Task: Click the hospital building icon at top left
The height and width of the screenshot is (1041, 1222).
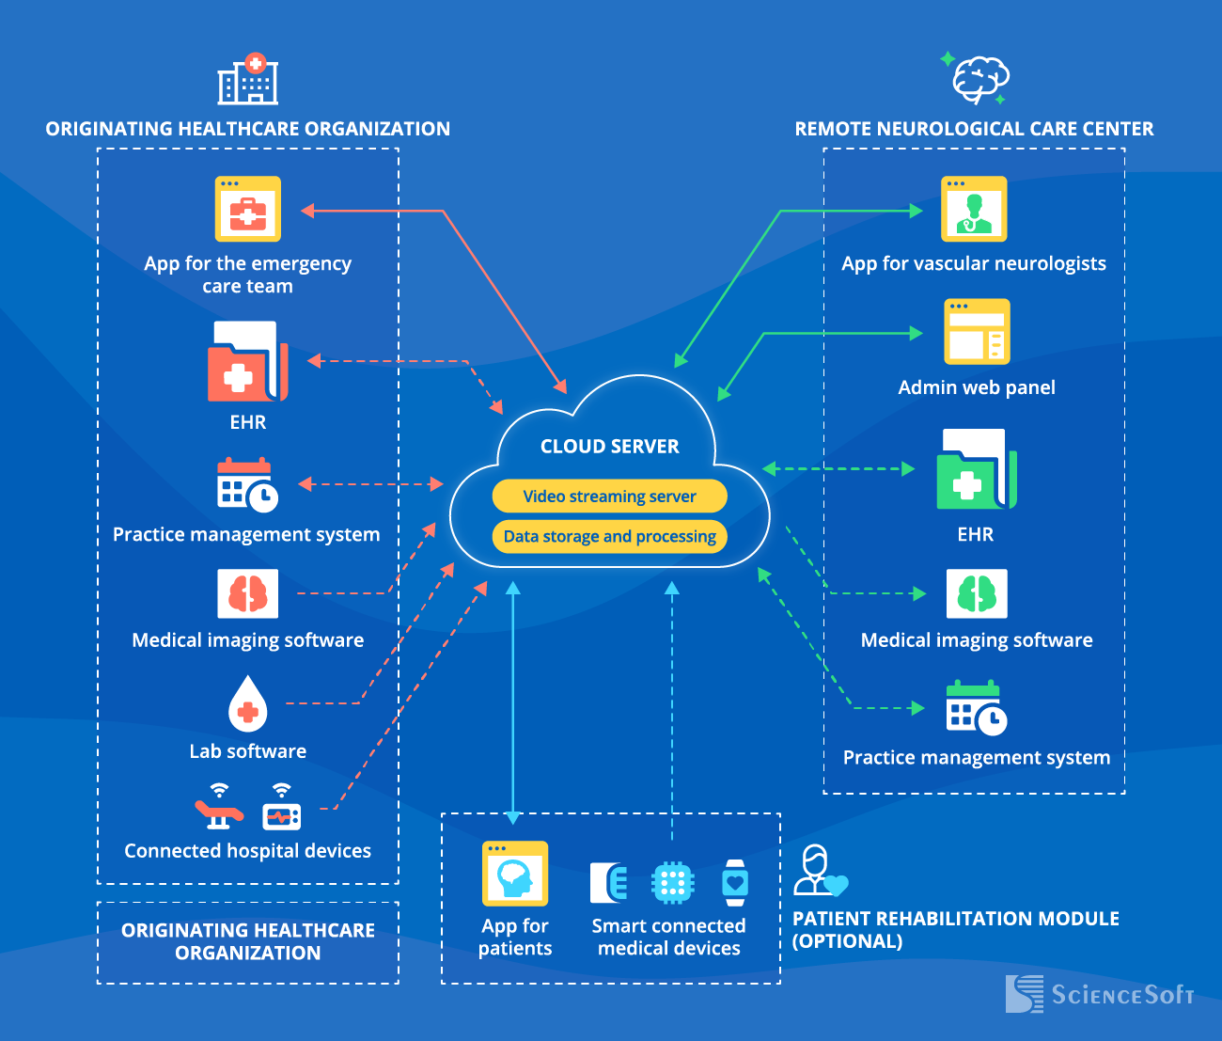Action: [248, 80]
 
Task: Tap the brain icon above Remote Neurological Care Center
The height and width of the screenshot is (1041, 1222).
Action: [979, 79]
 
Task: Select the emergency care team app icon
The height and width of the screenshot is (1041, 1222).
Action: [248, 209]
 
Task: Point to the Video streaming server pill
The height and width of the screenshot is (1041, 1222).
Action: [609, 496]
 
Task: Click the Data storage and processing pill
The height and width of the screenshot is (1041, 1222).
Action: [609, 536]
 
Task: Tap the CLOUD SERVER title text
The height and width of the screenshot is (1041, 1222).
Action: [609, 447]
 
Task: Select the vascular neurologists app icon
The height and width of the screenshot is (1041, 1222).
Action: [974, 209]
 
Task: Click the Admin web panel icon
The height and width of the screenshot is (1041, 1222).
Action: [977, 332]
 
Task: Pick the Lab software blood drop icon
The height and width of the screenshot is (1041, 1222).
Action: [248, 704]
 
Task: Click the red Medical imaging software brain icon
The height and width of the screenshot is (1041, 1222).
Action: [248, 593]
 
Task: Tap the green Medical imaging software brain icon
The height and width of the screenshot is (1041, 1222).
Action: [977, 593]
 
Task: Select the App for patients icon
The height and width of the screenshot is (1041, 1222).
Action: [515, 874]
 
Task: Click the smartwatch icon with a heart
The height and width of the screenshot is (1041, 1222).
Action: [735, 883]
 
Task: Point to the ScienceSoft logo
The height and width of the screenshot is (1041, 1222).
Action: [1100, 994]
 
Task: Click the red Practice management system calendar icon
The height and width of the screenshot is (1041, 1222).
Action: [247, 484]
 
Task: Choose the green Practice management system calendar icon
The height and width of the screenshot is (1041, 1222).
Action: [976, 707]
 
